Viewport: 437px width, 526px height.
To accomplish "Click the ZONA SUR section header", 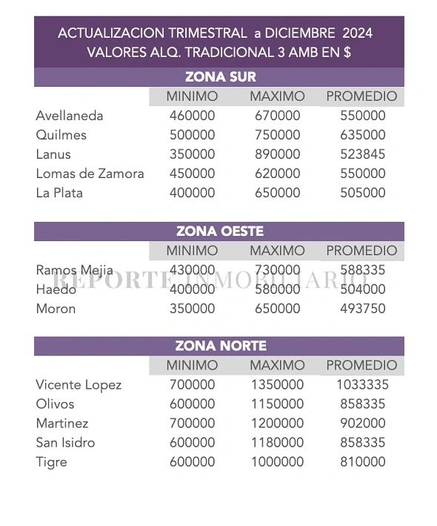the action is [x=220, y=77].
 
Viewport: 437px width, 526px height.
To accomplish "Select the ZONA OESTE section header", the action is [x=220, y=231].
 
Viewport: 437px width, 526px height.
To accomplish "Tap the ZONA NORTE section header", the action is [x=220, y=346].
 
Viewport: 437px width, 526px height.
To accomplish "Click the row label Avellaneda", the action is [x=70, y=116].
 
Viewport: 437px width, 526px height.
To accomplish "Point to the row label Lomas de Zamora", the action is [x=90, y=174].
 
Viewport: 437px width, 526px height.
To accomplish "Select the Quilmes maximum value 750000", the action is [x=278, y=135].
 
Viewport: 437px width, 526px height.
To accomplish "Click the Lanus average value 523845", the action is [x=363, y=154].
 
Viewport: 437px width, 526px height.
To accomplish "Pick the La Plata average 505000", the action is [x=363, y=193].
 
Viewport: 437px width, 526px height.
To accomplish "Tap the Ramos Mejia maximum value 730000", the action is [x=278, y=270].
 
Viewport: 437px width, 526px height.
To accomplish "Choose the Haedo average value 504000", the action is [x=363, y=289].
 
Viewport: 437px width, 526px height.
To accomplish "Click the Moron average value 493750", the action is [x=363, y=309].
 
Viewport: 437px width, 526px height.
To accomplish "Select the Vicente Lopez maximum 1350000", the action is [x=276, y=385].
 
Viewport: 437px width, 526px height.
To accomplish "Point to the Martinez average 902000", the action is [x=363, y=424].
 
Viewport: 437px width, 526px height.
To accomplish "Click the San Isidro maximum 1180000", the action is [x=276, y=443].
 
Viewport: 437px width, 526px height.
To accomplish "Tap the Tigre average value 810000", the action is [x=363, y=462].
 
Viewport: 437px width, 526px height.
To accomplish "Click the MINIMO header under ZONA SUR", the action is [x=192, y=96].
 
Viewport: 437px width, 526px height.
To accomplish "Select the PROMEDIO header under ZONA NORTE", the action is [x=361, y=366].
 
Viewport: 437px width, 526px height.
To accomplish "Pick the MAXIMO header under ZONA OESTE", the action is [x=277, y=251].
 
